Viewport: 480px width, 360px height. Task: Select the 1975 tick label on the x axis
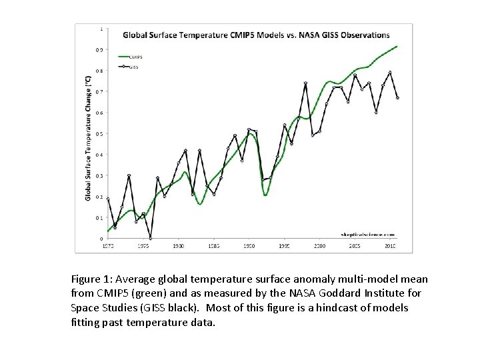(x=143, y=245)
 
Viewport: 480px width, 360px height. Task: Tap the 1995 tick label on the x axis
(x=284, y=245)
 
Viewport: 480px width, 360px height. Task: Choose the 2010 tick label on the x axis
(x=391, y=245)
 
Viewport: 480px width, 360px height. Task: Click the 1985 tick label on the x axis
(x=213, y=245)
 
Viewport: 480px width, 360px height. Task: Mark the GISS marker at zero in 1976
(x=151, y=238)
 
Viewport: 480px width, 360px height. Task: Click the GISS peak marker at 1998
(x=305, y=83)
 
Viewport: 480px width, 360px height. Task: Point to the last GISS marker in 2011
(x=397, y=98)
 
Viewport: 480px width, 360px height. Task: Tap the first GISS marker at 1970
(x=108, y=199)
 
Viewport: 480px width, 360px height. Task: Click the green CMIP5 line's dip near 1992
(x=265, y=195)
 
